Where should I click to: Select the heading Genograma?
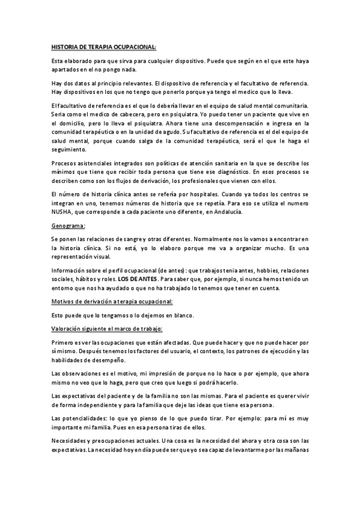69,226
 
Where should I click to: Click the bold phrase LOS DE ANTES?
136,279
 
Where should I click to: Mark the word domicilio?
75,123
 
